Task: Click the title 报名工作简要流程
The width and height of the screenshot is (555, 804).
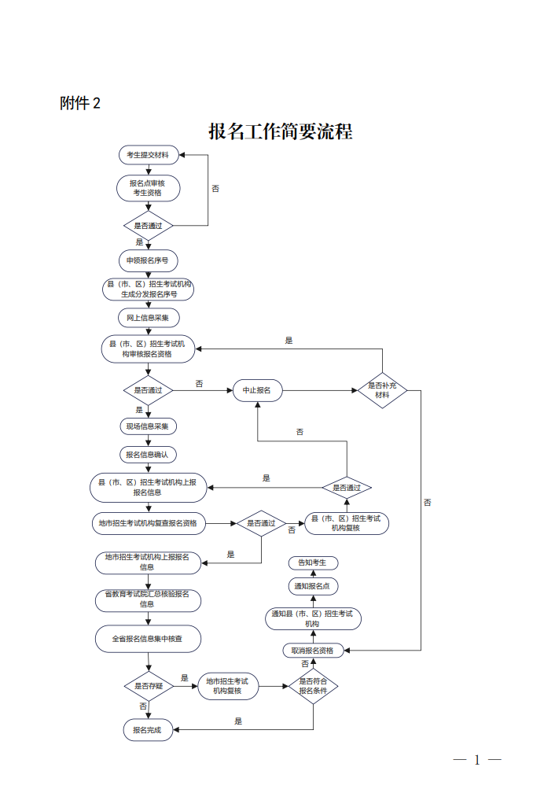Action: tap(280, 131)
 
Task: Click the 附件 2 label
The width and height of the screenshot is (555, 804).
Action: tap(80, 103)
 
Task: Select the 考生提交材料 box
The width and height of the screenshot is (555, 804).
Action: tap(148, 155)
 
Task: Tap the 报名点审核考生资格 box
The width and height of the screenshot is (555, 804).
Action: tap(148, 188)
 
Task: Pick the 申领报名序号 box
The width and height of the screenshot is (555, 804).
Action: tap(148, 260)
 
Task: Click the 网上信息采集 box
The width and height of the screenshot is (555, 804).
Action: tap(148, 318)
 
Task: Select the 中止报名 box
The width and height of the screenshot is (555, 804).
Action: tap(257, 390)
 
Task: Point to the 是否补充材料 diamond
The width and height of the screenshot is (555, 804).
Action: tap(382, 390)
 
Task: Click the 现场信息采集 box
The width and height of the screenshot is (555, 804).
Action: tap(148, 426)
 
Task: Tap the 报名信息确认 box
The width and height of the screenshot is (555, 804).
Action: tap(148, 455)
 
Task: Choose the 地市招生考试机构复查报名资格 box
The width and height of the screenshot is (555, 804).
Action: tap(148, 522)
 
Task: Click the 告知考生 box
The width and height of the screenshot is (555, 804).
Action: tap(312, 562)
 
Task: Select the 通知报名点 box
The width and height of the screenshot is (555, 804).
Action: tap(312, 586)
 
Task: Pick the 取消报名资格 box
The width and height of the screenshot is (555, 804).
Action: tap(312, 651)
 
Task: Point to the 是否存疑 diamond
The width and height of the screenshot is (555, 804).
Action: tap(148, 686)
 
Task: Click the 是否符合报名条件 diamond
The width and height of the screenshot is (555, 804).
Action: tap(313, 686)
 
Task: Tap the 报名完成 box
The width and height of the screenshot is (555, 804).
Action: tap(147, 730)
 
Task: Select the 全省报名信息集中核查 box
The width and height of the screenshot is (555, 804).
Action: tap(148, 639)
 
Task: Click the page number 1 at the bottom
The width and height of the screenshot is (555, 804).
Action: tap(476, 760)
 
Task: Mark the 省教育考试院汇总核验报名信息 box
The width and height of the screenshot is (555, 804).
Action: tap(148, 599)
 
